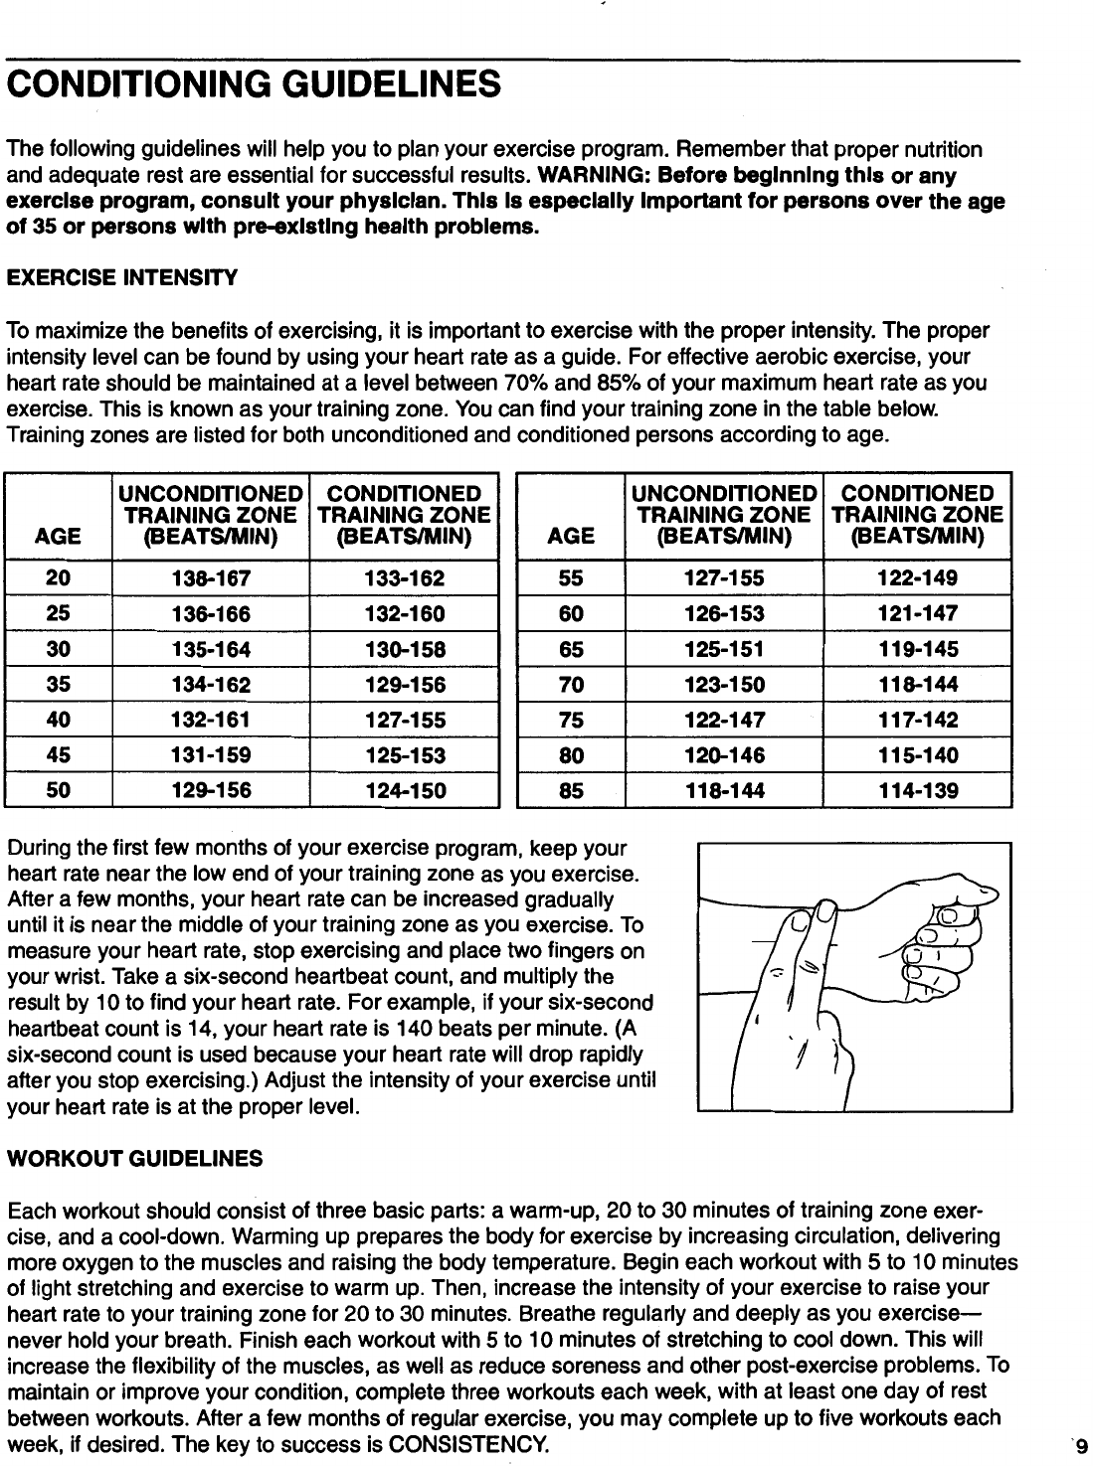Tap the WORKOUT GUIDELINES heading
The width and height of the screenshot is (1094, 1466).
pyautogui.click(x=135, y=1158)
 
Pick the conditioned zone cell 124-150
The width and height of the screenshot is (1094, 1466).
pyautogui.click(x=404, y=791)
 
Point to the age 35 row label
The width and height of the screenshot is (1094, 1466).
pyautogui.click(x=58, y=685)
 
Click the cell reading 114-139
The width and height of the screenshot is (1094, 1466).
pyautogui.click(x=918, y=791)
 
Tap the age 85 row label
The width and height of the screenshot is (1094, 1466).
pyautogui.click(x=571, y=791)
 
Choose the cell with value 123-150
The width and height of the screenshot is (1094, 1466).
pyautogui.click(x=723, y=685)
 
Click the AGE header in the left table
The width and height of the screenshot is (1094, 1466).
pyautogui.click(x=58, y=537)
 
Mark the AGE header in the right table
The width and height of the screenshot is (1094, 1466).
pyautogui.click(x=571, y=537)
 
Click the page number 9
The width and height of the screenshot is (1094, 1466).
pyautogui.click(x=1081, y=1446)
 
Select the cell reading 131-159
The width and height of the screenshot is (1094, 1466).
pyautogui.click(x=210, y=755)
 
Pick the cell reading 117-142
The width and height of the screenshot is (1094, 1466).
pyautogui.click(x=918, y=721)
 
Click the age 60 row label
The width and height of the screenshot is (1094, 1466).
pyautogui.click(x=571, y=614)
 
